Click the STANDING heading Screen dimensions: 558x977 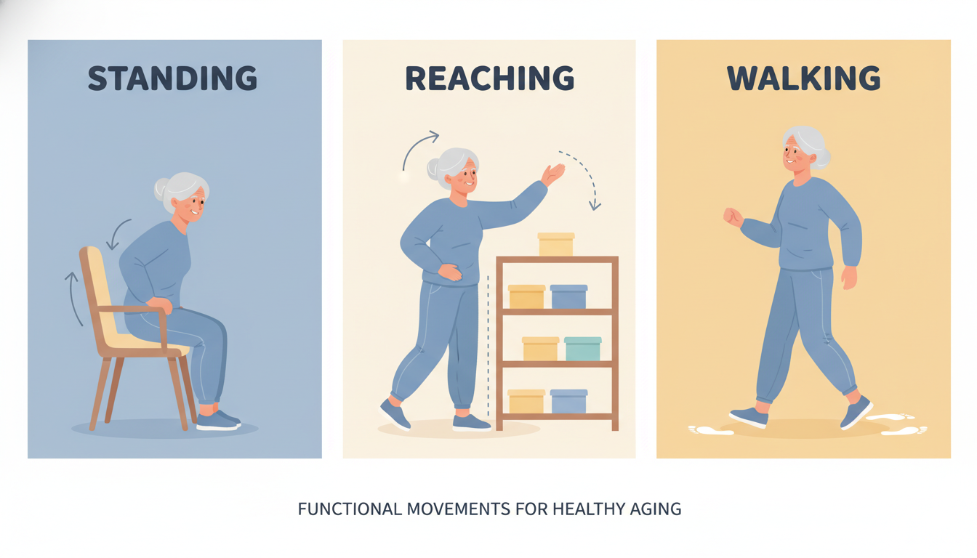pos(172,78)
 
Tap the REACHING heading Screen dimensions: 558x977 pos(489,78)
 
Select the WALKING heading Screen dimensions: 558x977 pos(803,78)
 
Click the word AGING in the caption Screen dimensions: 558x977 pos(656,509)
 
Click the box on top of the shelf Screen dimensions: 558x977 pos(556,244)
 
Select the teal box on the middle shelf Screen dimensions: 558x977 pos(582,349)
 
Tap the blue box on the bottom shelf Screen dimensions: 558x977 pos(568,402)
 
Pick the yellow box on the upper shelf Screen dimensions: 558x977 pos(526,296)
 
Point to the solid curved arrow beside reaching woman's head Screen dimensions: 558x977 pos(419,149)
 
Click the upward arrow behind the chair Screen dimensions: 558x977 pos(73,298)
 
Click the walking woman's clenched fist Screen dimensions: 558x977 pos(733,217)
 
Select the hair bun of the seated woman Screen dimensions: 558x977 pos(161,190)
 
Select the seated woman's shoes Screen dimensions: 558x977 pos(218,420)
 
